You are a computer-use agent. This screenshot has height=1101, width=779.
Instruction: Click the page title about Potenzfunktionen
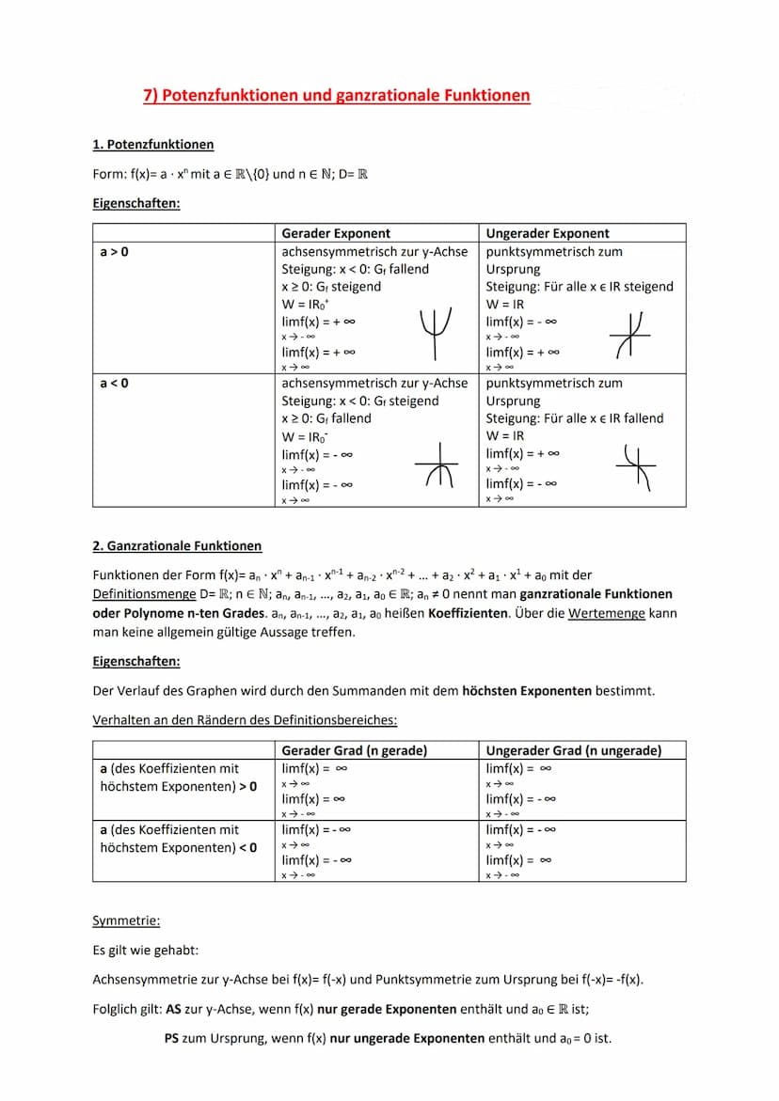[337, 95]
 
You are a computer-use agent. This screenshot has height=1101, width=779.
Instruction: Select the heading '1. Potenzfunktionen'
[153, 144]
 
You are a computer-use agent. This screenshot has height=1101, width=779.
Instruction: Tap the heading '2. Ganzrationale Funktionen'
[177, 545]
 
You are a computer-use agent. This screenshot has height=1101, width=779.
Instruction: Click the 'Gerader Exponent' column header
[336, 233]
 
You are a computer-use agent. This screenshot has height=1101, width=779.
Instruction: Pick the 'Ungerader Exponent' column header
[548, 233]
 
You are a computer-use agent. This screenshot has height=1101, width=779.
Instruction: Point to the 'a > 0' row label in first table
[115, 252]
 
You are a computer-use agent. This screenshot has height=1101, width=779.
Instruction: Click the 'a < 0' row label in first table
[115, 384]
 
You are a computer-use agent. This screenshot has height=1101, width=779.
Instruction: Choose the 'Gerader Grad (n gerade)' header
[355, 750]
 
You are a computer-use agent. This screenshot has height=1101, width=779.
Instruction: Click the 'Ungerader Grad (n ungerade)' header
[574, 750]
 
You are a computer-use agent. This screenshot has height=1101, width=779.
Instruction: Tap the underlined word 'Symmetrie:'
[126, 920]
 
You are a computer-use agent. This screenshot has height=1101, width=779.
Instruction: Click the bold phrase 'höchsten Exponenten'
[527, 691]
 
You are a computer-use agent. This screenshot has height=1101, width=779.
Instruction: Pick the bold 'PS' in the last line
[172, 1039]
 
